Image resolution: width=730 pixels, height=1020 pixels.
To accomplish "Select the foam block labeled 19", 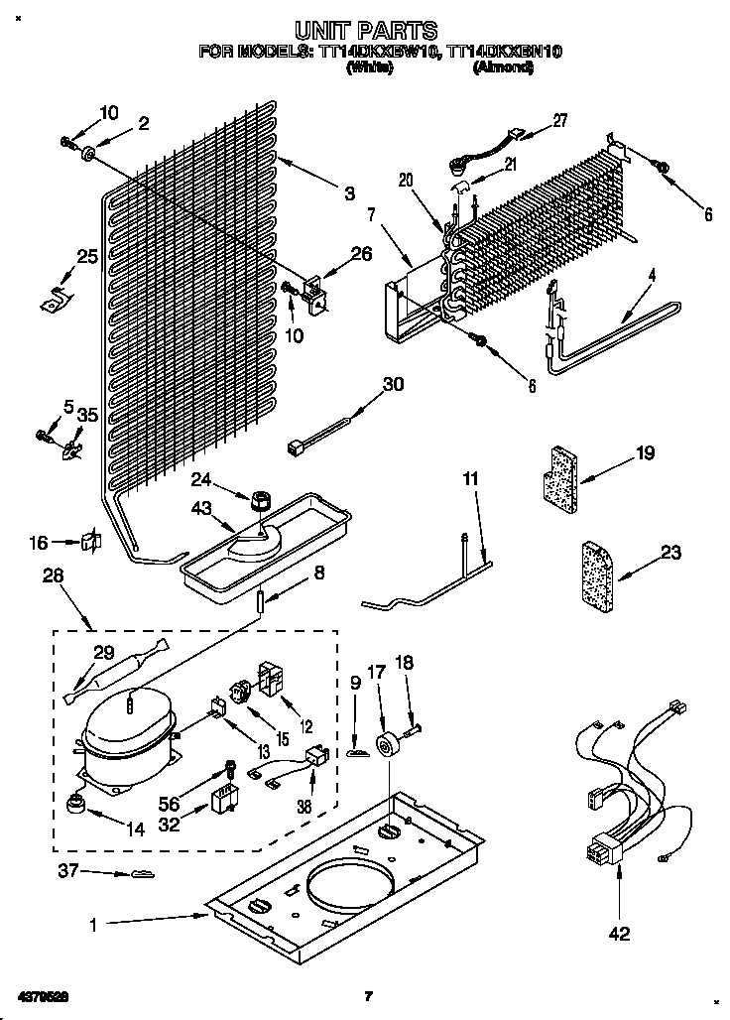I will pos(558,474).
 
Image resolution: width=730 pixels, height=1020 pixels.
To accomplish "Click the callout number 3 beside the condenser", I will pos(349,194).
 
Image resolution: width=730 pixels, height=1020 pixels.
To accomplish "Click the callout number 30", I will pos(393,385).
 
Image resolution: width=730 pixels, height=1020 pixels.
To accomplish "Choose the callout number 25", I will pos(87,258).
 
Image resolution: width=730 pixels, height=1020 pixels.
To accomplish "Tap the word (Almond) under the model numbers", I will pos(504,68).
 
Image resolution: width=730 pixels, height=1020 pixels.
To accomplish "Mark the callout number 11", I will pos(470,479).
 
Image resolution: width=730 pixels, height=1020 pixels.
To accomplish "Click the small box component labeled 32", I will pos(224,800).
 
